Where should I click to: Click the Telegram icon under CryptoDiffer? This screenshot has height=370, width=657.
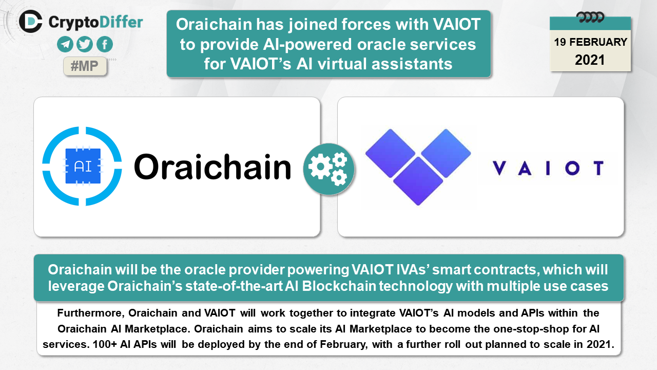[x=65, y=44]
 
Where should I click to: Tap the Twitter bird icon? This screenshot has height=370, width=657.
[x=85, y=44]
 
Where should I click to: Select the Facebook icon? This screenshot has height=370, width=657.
[x=105, y=44]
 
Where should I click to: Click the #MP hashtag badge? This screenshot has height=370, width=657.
[x=85, y=66]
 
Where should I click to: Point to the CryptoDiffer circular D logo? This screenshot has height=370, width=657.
[x=31, y=21]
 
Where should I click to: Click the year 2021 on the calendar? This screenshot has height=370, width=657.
[x=590, y=60]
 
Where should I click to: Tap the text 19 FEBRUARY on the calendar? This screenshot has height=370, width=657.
[x=590, y=42]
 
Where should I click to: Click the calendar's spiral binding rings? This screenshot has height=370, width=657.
[x=590, y=17]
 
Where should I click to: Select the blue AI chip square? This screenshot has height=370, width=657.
[x=83, y=166]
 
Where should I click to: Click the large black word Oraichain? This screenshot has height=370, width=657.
[x=212, y=167]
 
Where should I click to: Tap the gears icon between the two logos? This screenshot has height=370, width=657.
[x=329, y=169]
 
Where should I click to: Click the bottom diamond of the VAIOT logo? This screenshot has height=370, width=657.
[x=418, y=181]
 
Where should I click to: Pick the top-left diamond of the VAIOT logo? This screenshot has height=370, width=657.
[x=391, y=153]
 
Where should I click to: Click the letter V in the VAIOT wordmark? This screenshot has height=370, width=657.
[x=499, y=168]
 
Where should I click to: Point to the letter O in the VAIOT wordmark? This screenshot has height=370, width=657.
[x=572, y=168]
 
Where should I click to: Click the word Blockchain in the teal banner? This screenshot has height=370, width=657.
[x=339, y=286]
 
